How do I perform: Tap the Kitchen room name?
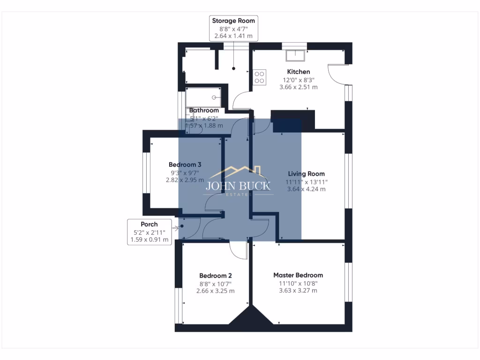[x=299, y=72]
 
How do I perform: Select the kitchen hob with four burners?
[x=260, y=76]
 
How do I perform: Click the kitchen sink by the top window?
[x=296, y=55]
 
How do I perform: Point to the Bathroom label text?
[x=204, y=111]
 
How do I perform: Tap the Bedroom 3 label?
[x=185, y=165]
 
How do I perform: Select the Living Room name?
[x=306, y=174]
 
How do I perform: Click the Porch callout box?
[x=149, y=232]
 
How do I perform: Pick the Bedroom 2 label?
[x=215, y=276]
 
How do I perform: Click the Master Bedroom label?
[x=298, y=275]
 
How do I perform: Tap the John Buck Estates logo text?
[x=238, y=186]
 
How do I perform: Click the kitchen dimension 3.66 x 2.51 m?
[x=299, y=87]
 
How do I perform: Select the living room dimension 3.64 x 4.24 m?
[x=306, y=189]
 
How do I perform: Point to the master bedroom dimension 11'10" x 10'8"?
[x=298, y=283]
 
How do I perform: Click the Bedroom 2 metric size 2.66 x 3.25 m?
[x=215, y=291]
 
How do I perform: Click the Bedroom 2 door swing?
[x=238, y=251]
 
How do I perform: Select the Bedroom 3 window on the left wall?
[x=146, y=172]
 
